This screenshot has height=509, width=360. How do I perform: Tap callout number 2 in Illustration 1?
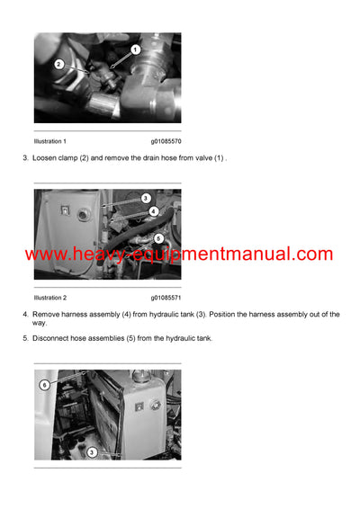[x=58, y=65]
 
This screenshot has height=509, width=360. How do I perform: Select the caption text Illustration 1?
[x=49, y=141]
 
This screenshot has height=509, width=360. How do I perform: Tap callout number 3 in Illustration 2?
[x=146, y=198]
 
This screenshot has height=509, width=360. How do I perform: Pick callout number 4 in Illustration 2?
[x=154, y=211]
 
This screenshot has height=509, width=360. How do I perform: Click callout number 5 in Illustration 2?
[x=157, y=238]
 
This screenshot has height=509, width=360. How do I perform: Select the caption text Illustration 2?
[x=49, y=297]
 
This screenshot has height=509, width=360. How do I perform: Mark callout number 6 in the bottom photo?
[x=43, y=384]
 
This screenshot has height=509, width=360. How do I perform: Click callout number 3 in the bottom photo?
[x=92, y=452]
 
